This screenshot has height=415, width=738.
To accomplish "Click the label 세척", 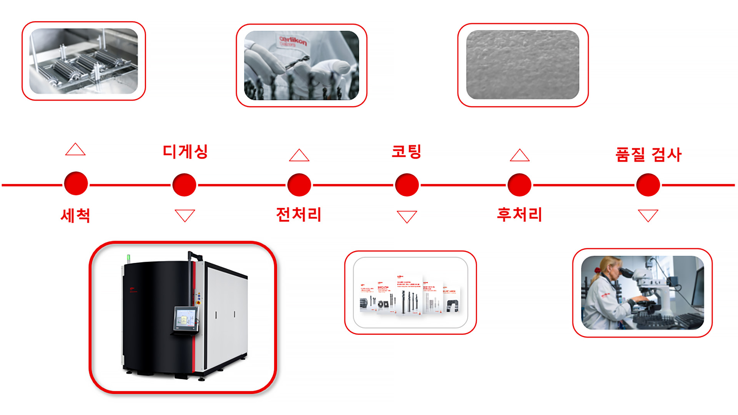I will (x=75, y=215).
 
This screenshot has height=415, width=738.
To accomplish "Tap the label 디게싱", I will (x=185, y=151).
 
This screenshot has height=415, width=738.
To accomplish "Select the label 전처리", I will (x=299, y=214).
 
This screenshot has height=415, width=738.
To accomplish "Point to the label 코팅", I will (x=406, y=151).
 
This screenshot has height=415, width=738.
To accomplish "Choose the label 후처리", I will (x=519, y=214).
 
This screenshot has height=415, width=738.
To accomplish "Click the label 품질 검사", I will (x=648, y=154).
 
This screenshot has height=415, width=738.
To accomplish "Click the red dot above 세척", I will (x=76, y=184).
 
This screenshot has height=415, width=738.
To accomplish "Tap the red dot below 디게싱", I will (x=184, y=185).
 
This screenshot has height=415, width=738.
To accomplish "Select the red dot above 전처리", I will (x=299, y=185).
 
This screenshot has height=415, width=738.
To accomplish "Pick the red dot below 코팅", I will (x=407, y=185).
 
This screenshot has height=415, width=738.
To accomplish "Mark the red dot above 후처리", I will (x=519, y=185).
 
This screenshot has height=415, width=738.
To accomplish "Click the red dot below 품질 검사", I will (x=648, y=185).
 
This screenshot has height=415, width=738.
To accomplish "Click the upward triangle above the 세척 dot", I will (x=75, y=150).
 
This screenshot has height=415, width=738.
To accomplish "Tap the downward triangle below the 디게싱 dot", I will (x=185, y=215).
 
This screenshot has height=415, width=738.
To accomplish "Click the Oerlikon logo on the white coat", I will (x=293, y=41).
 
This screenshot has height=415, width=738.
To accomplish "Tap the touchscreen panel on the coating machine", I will (x=185, y=318).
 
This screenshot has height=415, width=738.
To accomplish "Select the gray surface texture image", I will (x=522, y=65).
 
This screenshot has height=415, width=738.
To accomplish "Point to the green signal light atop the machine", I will (x=129, y=257).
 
